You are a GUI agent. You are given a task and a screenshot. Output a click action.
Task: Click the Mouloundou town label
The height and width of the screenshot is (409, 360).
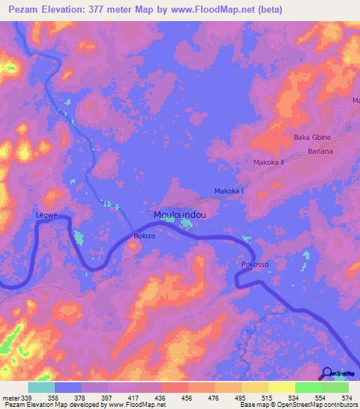click(180, 215)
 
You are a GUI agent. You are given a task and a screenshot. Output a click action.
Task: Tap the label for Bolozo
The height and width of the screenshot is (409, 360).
click(145, 237)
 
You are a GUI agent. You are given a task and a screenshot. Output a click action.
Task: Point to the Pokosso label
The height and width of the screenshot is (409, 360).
click(255, 265)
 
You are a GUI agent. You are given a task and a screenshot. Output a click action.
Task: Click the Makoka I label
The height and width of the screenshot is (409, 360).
click(229, 191)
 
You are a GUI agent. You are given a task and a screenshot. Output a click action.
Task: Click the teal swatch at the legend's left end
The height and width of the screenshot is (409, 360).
click(41, 387)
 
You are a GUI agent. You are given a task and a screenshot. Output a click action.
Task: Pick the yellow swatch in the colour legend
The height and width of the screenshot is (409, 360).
click(281, 387)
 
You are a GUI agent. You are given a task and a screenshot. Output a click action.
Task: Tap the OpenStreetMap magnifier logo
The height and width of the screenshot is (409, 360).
click(326, 373)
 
